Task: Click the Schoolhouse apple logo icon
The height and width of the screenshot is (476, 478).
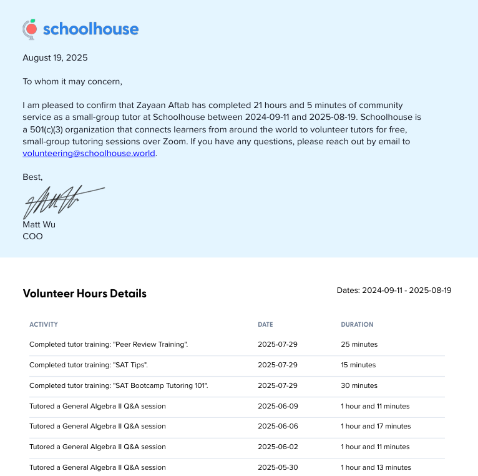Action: tap(29, 29)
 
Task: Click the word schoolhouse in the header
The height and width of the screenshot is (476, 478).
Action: tap(90, 29)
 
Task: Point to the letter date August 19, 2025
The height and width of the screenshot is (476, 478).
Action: tap(55, 58)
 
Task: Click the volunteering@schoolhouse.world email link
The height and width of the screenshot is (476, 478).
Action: tap(89, 154)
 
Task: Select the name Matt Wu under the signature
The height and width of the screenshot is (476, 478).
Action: tap(39, 225)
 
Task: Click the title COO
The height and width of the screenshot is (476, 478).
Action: tap(32, 237)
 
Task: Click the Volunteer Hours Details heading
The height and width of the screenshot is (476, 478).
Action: tap(84, 294)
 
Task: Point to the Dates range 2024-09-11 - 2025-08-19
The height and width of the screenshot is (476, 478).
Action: tap(394, 290)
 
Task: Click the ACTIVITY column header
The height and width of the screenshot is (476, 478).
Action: tap(43, 325)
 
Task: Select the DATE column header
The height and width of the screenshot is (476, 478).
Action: tap(265, 325)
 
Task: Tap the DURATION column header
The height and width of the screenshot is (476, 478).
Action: tap(357, 325)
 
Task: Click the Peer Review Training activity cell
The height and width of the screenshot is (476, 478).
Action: tap(109, 344)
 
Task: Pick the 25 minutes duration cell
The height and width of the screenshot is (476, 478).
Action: tap(359, 344)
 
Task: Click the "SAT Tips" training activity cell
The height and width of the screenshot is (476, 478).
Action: tap(89, 365)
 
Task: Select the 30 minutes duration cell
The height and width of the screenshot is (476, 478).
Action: tap(359, 385)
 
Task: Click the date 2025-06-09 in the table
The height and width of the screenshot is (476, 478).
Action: tap(278, 406)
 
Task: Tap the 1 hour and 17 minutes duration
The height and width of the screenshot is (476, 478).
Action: tap(376, 427)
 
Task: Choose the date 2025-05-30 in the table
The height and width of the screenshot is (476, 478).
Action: tap(278, 467)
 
